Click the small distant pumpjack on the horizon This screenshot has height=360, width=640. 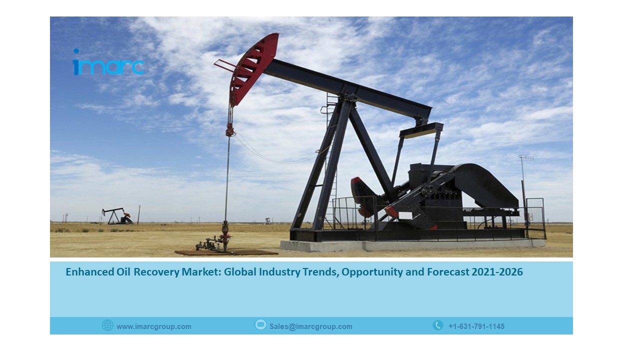click(x=117, y=216)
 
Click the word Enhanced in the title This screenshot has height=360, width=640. click(x=89, y=272)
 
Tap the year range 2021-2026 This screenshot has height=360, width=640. click(x=497, y=272)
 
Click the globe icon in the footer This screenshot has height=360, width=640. click(x=107, y=325)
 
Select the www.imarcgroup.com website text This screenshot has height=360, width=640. click(x=154, y=326)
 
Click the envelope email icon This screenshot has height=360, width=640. click(x=260, y=325)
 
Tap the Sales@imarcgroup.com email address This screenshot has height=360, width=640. click(x=311, y=326)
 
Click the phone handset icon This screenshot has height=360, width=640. click(x=437, y=325)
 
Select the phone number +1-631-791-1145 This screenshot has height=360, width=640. click(x=476, y=326)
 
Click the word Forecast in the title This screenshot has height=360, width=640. click(x=448, y=272)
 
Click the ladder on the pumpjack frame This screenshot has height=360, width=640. click(x=331, y=160)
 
